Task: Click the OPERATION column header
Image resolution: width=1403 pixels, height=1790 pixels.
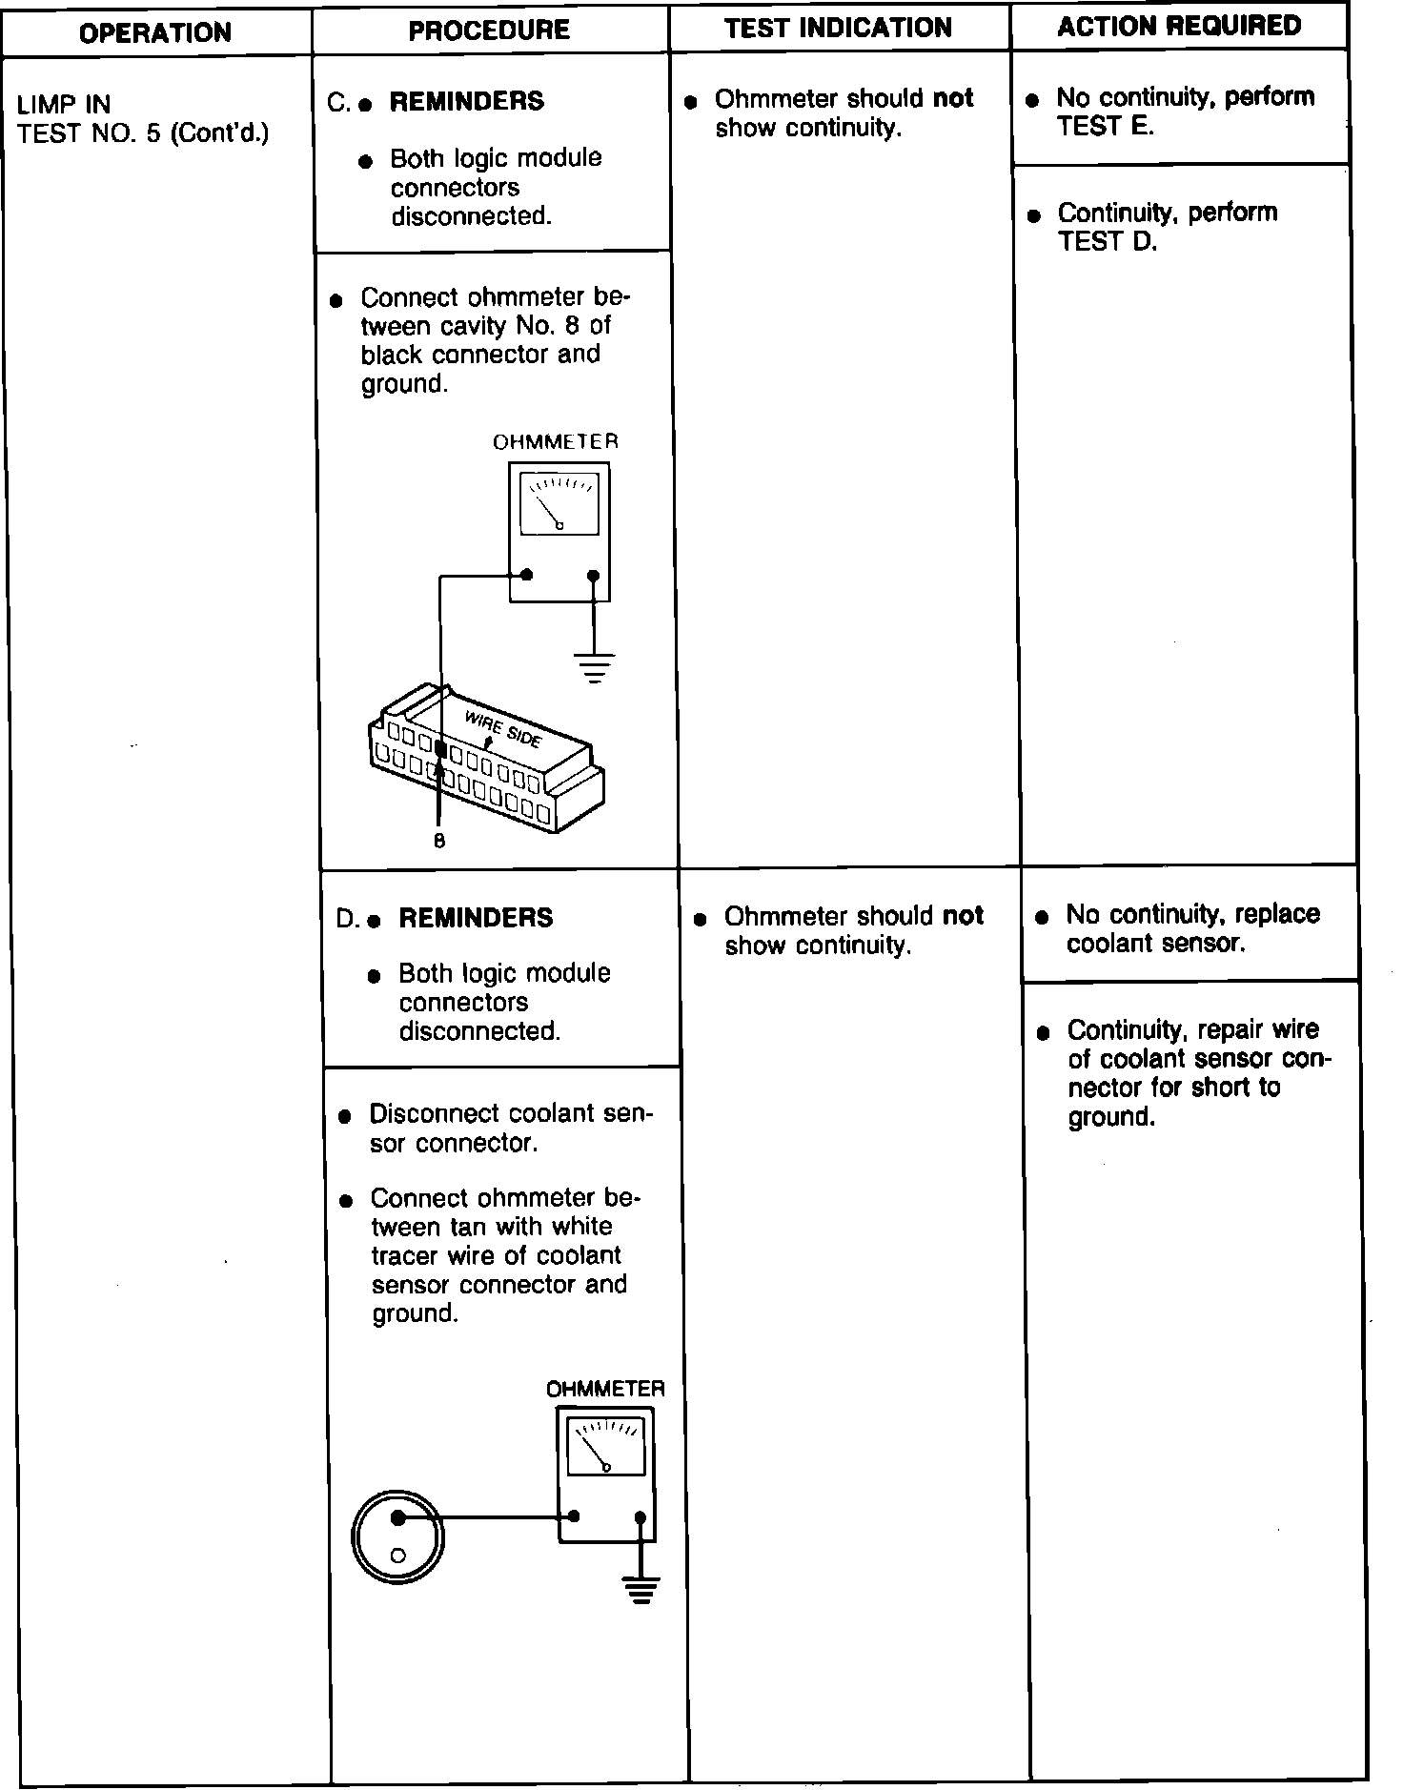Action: pos(155,33)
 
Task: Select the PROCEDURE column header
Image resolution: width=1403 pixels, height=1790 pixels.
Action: pos(489,31)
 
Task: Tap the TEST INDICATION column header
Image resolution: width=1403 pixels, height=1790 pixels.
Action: pos(838,29)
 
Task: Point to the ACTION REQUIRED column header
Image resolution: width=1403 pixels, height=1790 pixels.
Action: pos(1179,27)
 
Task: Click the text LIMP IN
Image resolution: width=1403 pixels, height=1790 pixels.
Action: pos(64,104)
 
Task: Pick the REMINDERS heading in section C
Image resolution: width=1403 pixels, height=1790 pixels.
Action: pos(466,101)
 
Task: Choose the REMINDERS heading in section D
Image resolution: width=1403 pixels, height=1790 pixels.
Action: pos(476,918)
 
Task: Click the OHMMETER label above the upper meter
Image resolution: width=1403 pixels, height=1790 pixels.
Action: pos(555,442)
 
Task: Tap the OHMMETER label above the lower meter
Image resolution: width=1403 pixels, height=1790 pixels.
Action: pos(605,1389)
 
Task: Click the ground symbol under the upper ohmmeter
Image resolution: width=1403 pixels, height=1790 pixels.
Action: pos(594,667)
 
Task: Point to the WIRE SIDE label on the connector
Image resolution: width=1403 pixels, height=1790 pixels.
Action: pos(502,728)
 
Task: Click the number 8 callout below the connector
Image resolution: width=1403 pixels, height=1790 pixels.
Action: pos(438,842)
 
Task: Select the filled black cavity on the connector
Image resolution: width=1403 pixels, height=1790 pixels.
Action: pos(439,750)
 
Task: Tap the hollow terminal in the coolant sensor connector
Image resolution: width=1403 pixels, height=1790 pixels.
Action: pos(398,1555)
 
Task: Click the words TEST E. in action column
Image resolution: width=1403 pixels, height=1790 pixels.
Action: pos(1105,127)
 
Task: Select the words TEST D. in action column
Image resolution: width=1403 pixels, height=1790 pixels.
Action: pos(1107,242)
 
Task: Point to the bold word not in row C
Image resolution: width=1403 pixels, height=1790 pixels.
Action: pos(952,99)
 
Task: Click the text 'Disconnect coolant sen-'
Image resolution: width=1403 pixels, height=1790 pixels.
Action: pos(512,1114)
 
